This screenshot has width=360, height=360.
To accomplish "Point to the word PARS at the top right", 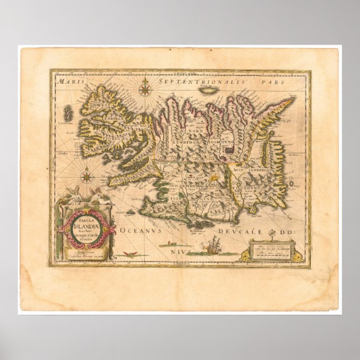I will tap(274, 82).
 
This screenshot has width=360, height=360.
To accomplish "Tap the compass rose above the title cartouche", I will tap(87, 178).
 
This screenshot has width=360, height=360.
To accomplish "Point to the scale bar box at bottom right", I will tap(272, 249).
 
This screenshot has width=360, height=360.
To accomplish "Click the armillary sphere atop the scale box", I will tap(272, 233).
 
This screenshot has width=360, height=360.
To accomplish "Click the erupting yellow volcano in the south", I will tap(215, 176).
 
